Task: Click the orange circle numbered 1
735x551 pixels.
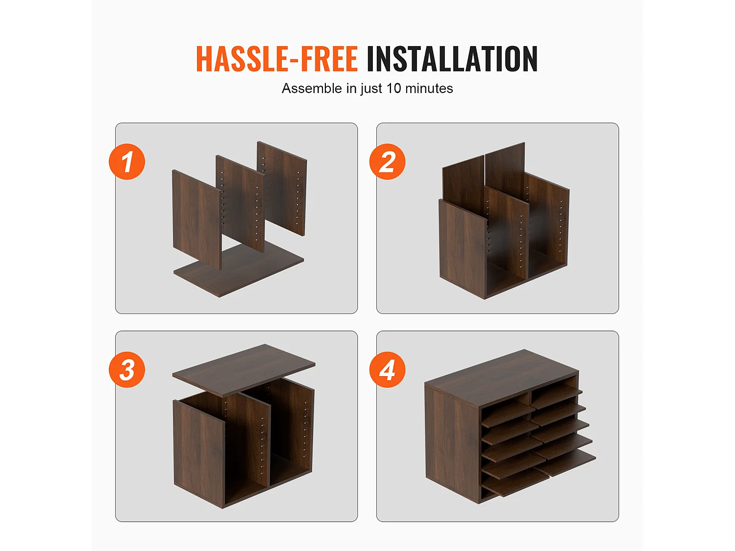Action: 127,162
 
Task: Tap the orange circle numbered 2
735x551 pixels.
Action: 388,162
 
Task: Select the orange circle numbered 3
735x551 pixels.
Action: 127,370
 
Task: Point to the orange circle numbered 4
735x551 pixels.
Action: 388,370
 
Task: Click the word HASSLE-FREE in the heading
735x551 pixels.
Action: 277,59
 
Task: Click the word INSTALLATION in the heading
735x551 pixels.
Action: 452,59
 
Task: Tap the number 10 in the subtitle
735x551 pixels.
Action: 393,88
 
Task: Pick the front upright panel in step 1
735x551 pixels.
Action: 197,219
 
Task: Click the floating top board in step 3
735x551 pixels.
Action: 244,370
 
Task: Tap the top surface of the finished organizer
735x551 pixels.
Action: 502,377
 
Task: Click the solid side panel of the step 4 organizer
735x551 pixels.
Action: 452,443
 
